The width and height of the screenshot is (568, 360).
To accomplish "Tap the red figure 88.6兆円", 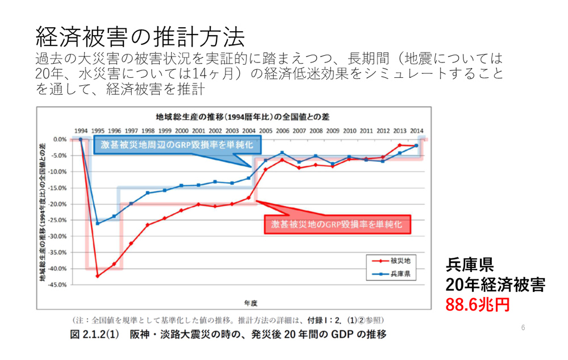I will point(477,304).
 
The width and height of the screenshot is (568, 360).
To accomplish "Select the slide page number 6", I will point(523,327).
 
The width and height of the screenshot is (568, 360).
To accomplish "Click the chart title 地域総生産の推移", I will point(233,118).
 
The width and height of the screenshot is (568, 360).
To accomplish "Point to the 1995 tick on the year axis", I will point(98,130).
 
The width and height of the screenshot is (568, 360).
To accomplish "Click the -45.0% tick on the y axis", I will point(59,284).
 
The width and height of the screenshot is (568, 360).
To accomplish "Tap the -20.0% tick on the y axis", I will point(59,204).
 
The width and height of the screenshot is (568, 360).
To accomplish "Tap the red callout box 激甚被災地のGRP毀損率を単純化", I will point(337,224).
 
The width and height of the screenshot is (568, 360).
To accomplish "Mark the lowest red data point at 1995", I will point(97,276).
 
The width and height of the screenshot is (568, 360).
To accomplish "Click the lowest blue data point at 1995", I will point(97,223).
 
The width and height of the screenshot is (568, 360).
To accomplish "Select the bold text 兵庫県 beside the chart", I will point(469,265).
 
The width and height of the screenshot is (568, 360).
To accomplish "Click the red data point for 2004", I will point(249,198).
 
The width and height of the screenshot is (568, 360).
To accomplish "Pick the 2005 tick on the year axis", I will point(265,130).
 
